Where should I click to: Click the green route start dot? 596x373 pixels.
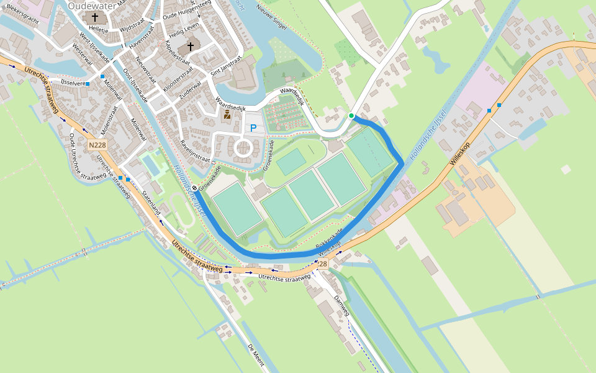click(351, 116)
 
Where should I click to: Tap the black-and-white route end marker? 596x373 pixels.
click(194, 188)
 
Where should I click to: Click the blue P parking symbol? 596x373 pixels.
click(253, 128)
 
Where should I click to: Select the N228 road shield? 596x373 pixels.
click(95, 145)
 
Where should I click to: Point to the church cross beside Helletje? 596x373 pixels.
click(94, 17)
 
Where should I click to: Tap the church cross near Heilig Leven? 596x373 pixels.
click(190, 47)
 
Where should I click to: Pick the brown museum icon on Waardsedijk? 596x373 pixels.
click(227, 115)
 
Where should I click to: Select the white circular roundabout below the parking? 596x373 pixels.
click(242, 148)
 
